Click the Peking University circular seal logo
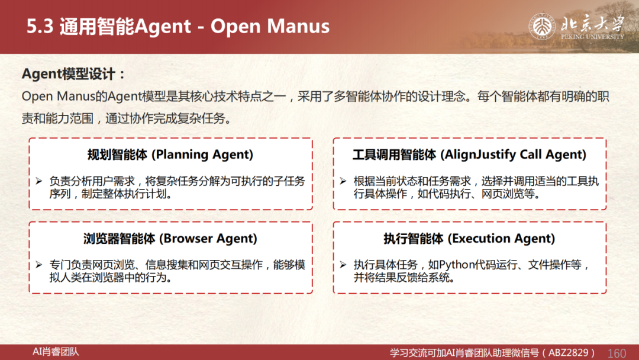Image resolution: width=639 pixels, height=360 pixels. click(x=542, y=27)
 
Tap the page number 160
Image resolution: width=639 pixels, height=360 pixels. click(x=617, y=353)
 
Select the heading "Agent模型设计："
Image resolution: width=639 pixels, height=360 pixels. click(x=73, y=74)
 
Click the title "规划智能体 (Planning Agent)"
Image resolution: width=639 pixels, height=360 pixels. click(x=170, y=155)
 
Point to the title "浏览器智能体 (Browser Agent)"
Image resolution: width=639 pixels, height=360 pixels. click(x=170, y=239)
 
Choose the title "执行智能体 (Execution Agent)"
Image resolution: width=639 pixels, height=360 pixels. click(x=469, y=239)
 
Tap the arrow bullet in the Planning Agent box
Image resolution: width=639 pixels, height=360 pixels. click(x=39, y=181)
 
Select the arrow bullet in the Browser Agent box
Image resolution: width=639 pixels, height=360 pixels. click(x=39, y=265)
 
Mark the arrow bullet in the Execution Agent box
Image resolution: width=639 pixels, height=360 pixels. click(x=343, y=265)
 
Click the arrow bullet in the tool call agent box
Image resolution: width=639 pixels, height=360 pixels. click(x=343, y=181)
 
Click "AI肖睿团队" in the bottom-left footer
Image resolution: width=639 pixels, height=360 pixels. click(x=56, y=352)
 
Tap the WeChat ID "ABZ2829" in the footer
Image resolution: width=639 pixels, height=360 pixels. click(x=569, y=353)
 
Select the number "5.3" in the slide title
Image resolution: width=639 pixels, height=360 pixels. click(x=40, y=27)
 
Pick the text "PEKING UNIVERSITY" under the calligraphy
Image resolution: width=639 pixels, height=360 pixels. click(x=592, y=37)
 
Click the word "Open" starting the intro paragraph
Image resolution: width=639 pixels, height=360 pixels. click(x=37, y=97)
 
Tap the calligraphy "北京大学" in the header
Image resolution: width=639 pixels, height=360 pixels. click(x=592, y=23)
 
